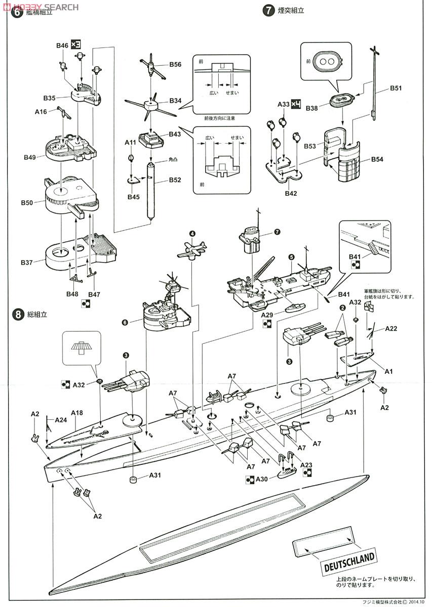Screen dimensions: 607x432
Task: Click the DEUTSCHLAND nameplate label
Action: point(349,562)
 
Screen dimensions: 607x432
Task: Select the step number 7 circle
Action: point(267,10)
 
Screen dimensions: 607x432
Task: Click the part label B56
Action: point(175,65)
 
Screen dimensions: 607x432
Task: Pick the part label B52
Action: point(175,180)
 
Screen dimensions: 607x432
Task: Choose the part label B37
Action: point(27,263)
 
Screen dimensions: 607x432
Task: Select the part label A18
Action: point(77,413)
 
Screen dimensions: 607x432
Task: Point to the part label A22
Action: point(391,328)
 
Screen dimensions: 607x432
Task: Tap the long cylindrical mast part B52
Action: point(150,190)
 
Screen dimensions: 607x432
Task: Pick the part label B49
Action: point(29,157)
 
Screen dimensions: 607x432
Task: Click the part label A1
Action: point(389,371)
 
